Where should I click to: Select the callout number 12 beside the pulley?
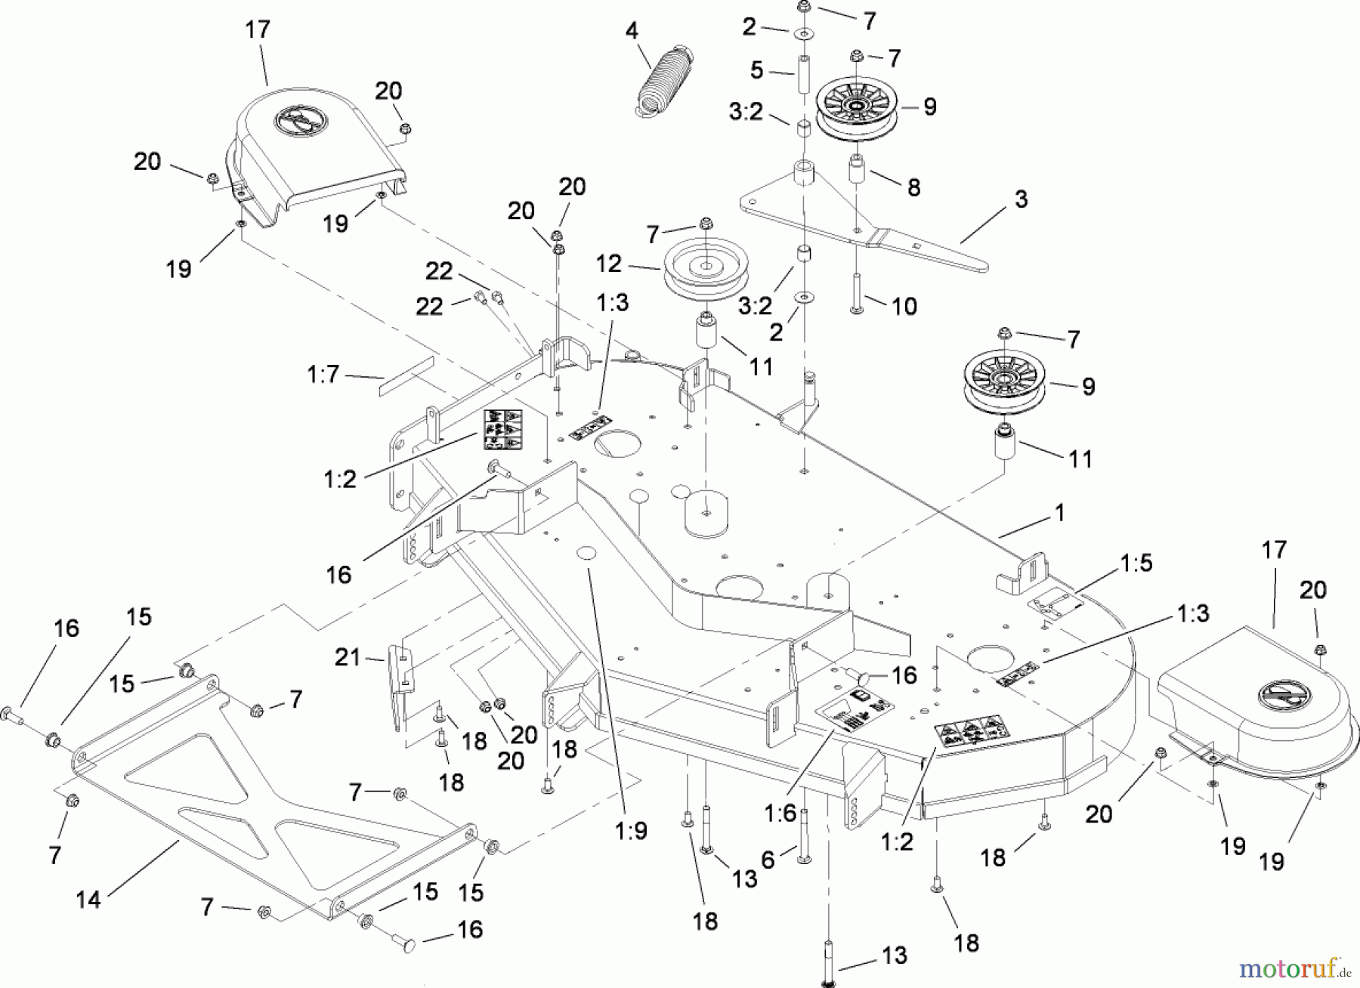[x=609, y=264]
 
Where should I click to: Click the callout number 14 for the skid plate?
[x=88, y=900]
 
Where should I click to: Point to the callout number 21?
[x=347, y=658]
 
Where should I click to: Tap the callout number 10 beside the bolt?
[x=904, y=306]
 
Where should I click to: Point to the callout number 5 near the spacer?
[x=757, y=71]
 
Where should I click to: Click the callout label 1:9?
[x=631, y=831]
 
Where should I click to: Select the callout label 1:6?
[x=780, y=814]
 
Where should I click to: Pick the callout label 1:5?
[x=1136, y=563]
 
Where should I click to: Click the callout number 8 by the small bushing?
[x=913, y=187]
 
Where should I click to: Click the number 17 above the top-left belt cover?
[x=258, y=29]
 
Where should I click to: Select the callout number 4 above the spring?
[x=632, y=31]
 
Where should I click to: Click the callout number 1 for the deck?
[x=1059, y=513]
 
